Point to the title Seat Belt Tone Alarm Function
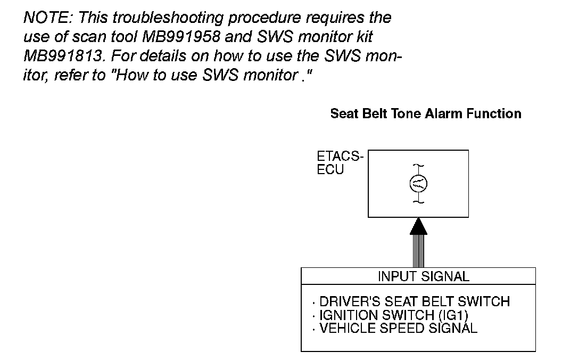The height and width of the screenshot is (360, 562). point(426,113)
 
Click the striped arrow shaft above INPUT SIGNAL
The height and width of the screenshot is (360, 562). point(418,251)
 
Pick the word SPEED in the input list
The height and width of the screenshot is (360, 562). point(401,328)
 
